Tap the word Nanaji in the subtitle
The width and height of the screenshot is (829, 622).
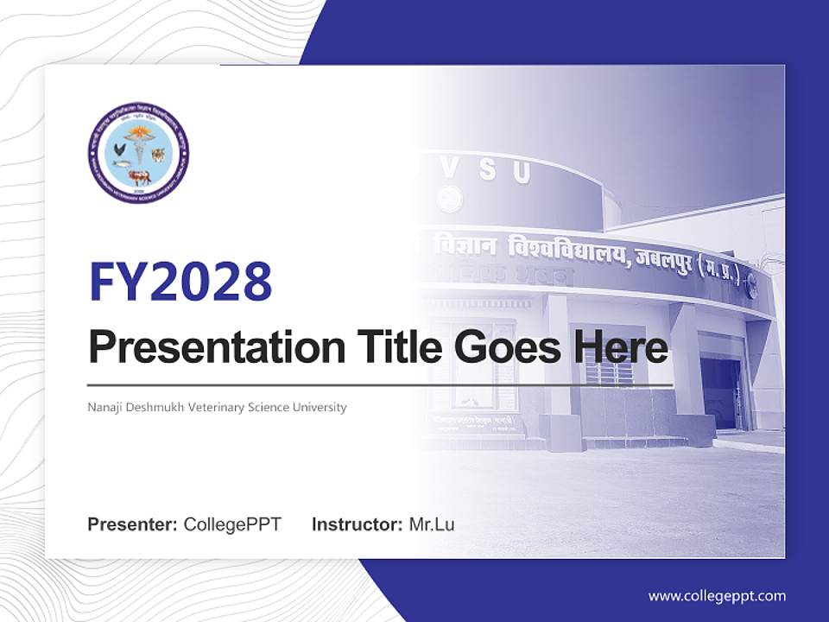pos(106,407)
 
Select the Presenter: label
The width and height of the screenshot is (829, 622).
pos(133,524)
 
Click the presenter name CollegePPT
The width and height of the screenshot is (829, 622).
pos(232,524)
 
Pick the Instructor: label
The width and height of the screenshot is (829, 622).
pos(357,524)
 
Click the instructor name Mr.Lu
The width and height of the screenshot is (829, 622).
pos(431,524)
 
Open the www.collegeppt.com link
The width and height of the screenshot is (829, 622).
pos(717,596)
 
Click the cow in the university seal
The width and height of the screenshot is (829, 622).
pos(139,177)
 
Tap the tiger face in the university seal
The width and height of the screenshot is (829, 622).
pos(158,155)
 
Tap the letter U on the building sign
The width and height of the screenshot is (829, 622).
pos(521,173)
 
